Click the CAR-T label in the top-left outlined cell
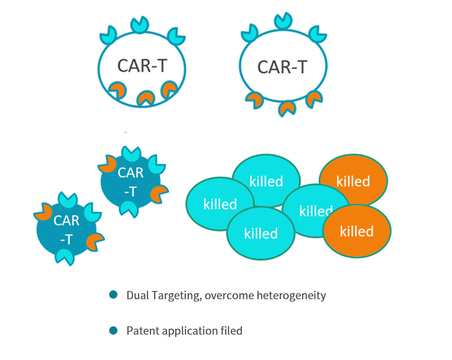coord(142,66)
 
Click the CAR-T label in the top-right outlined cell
coord(283,67)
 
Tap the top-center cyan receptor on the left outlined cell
coord(140,24)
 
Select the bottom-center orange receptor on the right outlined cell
coord(287,108)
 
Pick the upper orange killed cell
coord(353,181)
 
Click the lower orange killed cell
coord(356,231)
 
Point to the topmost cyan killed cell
coord(266,181)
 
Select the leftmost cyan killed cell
coord(220,204)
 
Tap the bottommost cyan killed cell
coord(260,234)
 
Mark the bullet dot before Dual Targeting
coord(113,294)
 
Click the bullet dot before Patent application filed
coord(113,330)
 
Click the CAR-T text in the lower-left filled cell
coord(66,230)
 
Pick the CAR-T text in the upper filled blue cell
coord(130,182)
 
